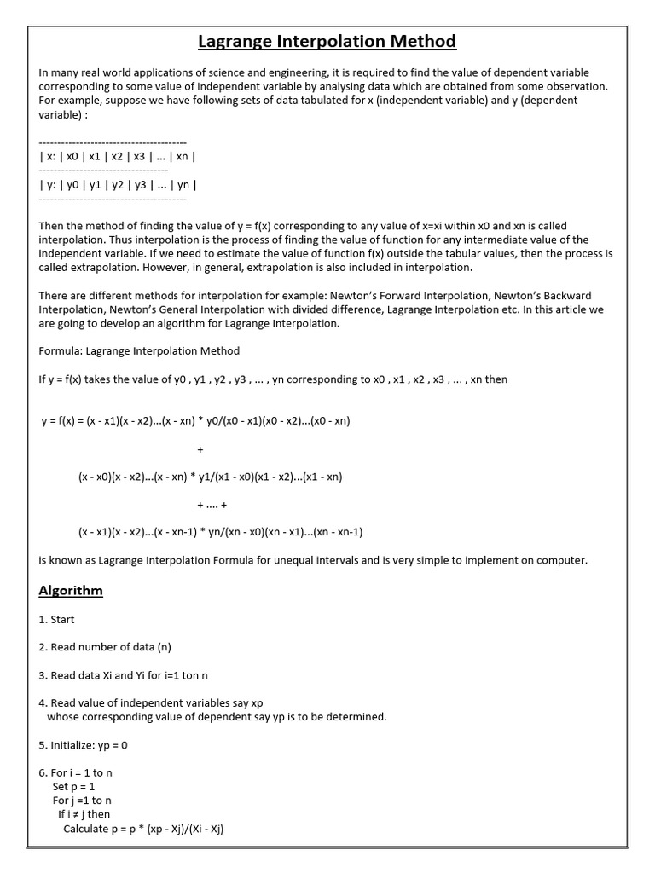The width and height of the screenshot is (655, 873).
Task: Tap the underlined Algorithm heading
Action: [71, 590]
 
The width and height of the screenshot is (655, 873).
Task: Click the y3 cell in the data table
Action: [140, 184]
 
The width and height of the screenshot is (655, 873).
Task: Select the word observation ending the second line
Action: [576, 87]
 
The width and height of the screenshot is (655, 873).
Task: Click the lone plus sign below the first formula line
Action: [200, 449]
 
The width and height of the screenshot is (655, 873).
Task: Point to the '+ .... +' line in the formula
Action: [212, 505]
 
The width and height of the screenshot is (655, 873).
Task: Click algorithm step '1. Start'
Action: [57, 620]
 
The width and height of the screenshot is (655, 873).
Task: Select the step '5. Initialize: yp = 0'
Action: [84, 745]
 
